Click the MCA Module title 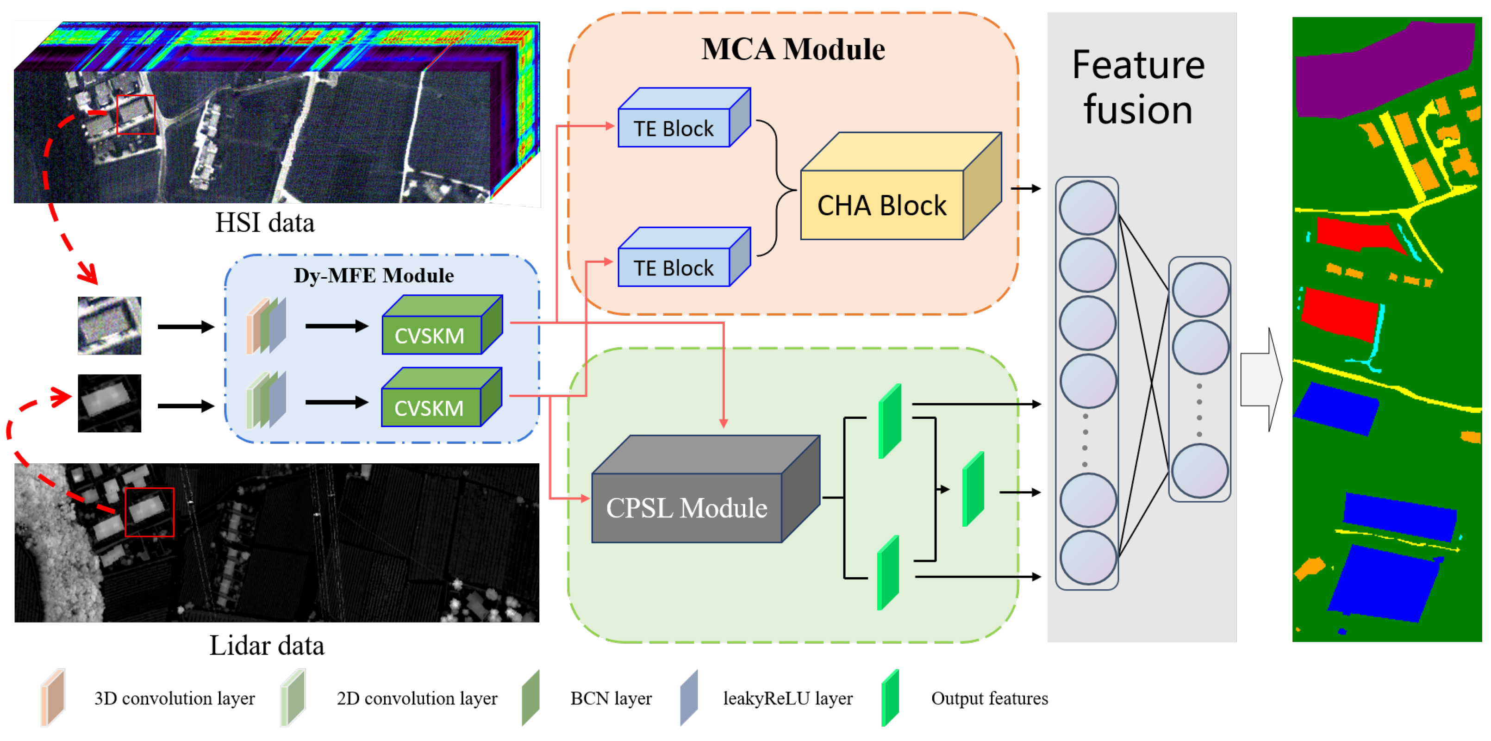(793, 49)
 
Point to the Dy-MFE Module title (374, 275)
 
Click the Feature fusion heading (1138, 87)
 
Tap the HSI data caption (265, 223)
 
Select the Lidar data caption (267, 646)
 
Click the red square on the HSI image (136, 115)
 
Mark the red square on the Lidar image (150, 512)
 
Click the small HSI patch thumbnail (109, 325)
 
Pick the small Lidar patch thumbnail (109, 403)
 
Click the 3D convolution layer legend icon (53, 697)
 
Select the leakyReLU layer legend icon (689, 697)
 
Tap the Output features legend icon (890, 697)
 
